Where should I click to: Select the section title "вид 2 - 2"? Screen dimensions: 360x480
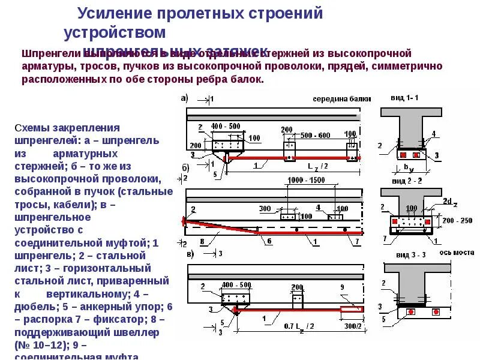406,181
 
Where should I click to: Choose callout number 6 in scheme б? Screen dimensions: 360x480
269,241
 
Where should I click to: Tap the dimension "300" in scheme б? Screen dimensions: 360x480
265,208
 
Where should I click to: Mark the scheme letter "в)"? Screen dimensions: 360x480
191,254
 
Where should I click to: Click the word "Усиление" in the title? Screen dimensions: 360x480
116,13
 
